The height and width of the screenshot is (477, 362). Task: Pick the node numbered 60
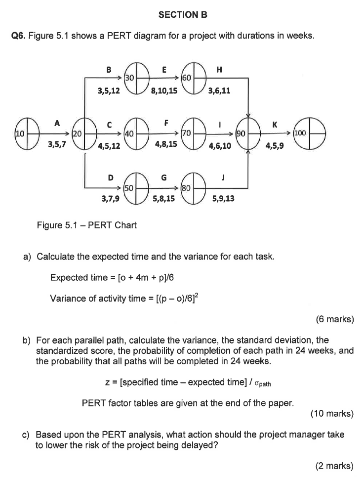coord(194,77)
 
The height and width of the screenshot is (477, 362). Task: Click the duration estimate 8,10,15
coord(165,91)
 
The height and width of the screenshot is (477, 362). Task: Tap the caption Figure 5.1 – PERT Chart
coord(87,225)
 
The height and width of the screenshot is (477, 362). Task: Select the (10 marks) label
coord(332,414)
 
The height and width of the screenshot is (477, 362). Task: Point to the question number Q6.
coord(18,36)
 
